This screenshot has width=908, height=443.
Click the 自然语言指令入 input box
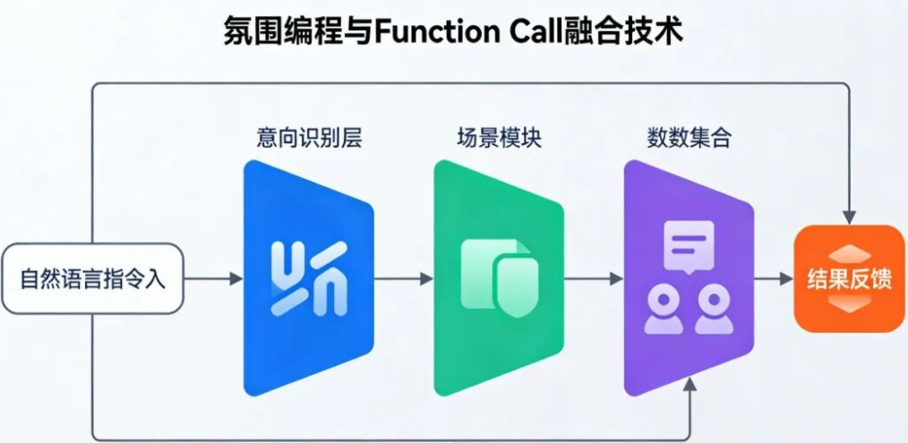coord(92,278)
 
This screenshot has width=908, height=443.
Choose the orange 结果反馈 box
coord(849,279)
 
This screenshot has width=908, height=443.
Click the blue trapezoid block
coord(308,277)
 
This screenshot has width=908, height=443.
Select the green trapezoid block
coord(498,277)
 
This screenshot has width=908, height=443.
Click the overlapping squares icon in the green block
coord(500,278)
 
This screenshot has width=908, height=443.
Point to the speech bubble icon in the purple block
coord(689,244)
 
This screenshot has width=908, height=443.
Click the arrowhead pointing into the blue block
coord(236,278)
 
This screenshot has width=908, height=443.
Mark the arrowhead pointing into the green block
coord(426,278)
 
